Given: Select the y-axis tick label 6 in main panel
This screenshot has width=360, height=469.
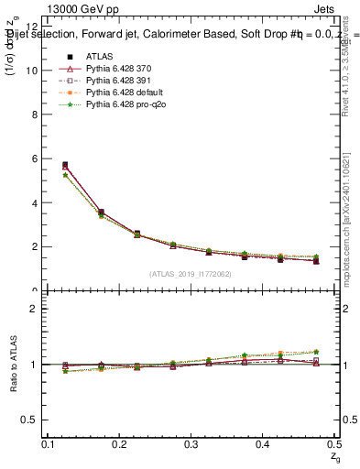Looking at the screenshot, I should click(x=34, y=158).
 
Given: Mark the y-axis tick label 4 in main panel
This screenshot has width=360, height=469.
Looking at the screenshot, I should click(x=34, y=202).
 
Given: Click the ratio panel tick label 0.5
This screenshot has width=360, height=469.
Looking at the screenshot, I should click(x=29, y=420).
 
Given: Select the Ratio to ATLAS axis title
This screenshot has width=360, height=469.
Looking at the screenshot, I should click(x=12, y=365).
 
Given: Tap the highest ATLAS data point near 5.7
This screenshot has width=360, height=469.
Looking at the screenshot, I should click(x=64, y=165).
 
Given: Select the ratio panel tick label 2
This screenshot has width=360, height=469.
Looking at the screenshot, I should click(x=34, y=309).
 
